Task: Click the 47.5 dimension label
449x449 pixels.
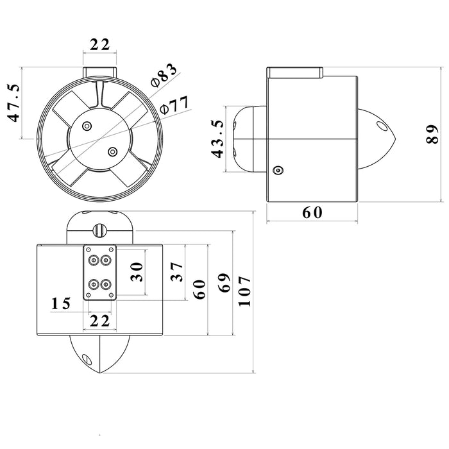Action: coord(13,103)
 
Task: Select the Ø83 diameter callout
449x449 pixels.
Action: coord(164,75)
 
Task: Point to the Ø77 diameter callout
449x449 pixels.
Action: coord(174,105)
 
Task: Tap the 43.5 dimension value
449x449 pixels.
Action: coord(217,139)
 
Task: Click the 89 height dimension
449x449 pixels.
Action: coord(432,134)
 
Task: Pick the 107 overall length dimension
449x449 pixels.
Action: coord(244,291)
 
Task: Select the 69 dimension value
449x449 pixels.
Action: coord(224,283)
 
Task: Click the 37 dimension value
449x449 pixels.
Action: coord(176,272)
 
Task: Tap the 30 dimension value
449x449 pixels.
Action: coord(137,272)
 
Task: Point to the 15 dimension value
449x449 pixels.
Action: coord(61,303)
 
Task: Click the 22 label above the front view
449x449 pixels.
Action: coord(99,45)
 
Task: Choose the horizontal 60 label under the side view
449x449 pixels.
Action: coord(312,212)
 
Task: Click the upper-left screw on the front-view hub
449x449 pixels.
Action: coord(87,126)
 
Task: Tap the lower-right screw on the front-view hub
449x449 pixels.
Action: coord(113,152)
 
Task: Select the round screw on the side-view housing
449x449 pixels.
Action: coord(278,171)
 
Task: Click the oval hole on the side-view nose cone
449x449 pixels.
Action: coord(381,126)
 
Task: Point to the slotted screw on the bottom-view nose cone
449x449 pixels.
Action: coord(87,359)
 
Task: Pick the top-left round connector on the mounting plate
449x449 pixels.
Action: coord(94,260)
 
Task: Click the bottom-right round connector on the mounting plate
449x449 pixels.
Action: coord(106,285)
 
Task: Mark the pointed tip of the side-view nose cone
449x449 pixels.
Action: coord(396,139)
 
